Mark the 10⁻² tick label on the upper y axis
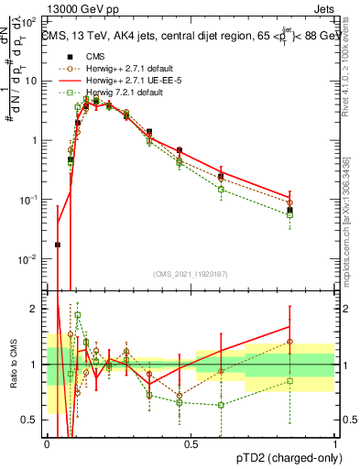[x=32, y=259]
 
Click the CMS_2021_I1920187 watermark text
[x=191, y=274]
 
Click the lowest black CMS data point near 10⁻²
[x=58, y=245]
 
